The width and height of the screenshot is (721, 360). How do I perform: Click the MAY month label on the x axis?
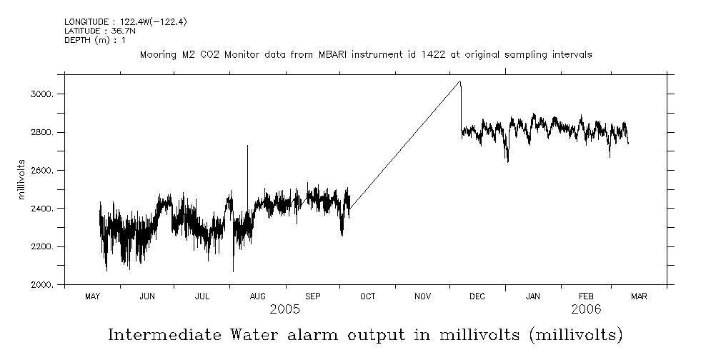click(x=92, y=296)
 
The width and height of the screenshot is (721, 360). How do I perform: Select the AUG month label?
click(x=257, y=296)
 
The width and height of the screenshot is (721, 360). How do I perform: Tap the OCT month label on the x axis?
click(x=367, y=296)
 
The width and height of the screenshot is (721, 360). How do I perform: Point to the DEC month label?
click(x=477, y=296)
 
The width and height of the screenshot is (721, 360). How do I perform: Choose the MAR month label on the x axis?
click(x=639, y=296)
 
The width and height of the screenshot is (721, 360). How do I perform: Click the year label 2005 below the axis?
click(x=284, y=310)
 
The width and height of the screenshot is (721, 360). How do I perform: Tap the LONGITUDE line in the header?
click(x=115, y=22)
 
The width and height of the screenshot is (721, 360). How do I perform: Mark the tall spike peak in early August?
click(x=247, y=146)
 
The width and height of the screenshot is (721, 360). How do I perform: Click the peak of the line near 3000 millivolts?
click(x=460, y=81)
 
